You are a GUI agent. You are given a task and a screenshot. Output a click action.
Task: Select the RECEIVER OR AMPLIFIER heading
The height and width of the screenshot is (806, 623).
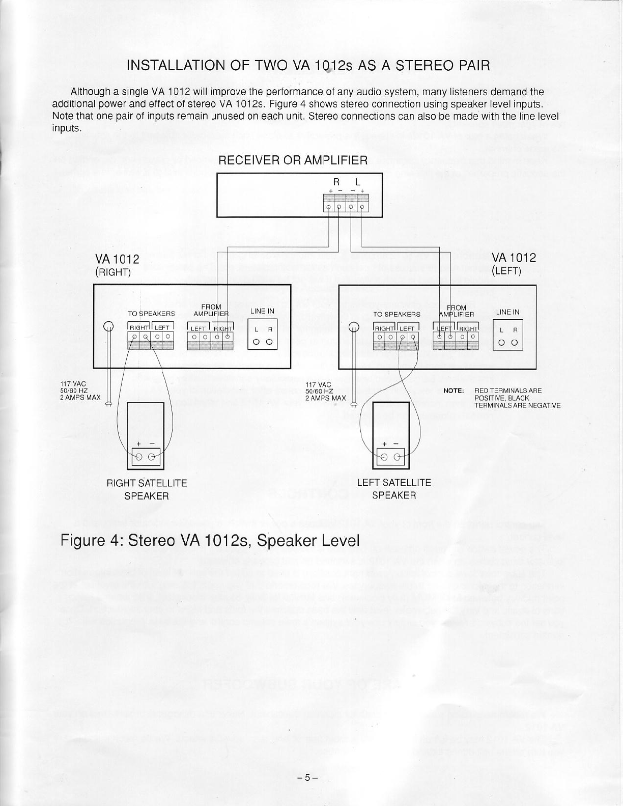coord(293,160)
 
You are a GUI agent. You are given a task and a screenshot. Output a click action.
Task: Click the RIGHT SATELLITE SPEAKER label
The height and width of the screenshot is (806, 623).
coord(147,489)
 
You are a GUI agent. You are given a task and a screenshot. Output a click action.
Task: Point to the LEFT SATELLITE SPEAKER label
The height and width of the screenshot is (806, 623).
coord(394,488)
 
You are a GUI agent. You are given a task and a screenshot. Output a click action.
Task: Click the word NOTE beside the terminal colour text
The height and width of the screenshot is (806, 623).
coord(453,391)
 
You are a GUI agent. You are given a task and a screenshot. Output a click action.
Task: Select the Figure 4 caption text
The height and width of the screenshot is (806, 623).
coord(210,540)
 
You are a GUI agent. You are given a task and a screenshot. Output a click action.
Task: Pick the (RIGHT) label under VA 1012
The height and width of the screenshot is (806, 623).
coord(114,271)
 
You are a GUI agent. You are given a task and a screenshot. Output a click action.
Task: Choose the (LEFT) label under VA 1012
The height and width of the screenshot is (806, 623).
coord(506,271)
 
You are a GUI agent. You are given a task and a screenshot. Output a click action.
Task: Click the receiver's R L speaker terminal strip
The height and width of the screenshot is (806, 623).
coord(346,203)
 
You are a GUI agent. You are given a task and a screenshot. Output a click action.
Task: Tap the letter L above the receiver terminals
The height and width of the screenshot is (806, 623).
coord(358,181)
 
